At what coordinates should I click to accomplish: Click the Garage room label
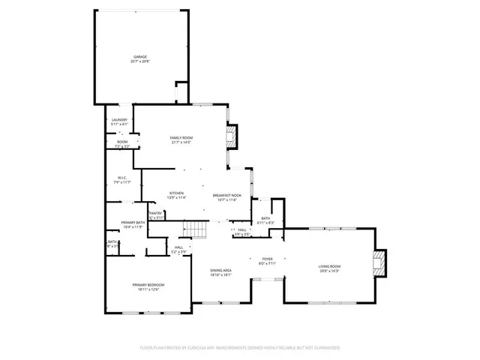(x=140, y=56)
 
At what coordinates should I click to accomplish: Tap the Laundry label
(x=118, y=119)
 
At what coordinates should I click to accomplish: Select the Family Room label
(x=181, y=138)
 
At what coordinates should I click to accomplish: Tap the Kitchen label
(x=177, y=193)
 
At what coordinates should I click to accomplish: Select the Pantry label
(x=156, y=213)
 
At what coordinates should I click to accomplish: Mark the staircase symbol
(x=195, y=229)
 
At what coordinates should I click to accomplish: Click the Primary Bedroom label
(x=148, y=285)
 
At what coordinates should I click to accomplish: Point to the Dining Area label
(x=220, y=270)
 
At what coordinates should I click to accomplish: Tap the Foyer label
(x=267, y=259)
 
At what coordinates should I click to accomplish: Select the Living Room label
(x=330, y=266)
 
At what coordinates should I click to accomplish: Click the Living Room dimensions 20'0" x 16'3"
(x=330, y=271)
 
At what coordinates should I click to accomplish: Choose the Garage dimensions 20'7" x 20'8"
(x=140, y=61)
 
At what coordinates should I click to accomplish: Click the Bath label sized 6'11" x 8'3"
(x=265, y=219)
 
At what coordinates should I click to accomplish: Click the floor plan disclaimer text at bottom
(x=240, y=348)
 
